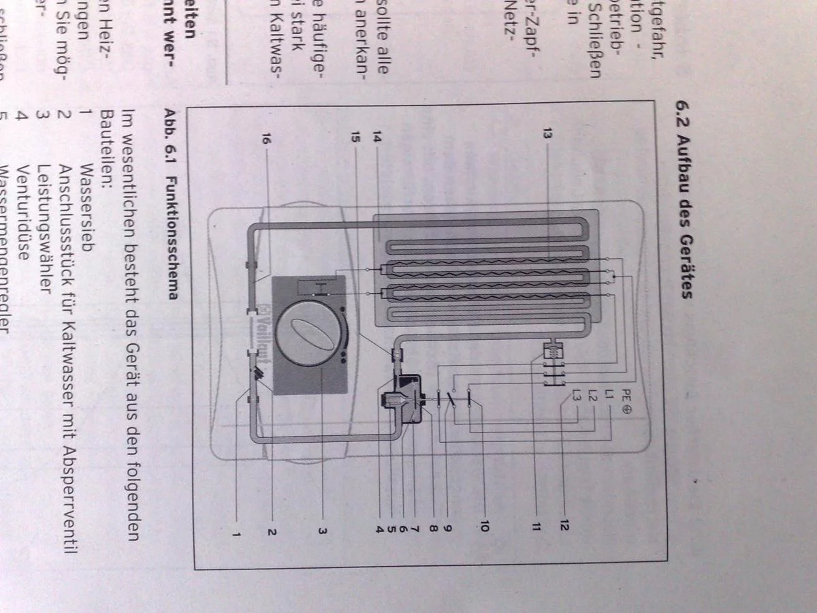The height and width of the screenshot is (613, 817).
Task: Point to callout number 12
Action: [564, 524]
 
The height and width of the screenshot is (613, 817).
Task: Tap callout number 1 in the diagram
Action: [236, 533]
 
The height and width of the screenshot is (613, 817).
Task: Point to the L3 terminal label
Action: [577, 394]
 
